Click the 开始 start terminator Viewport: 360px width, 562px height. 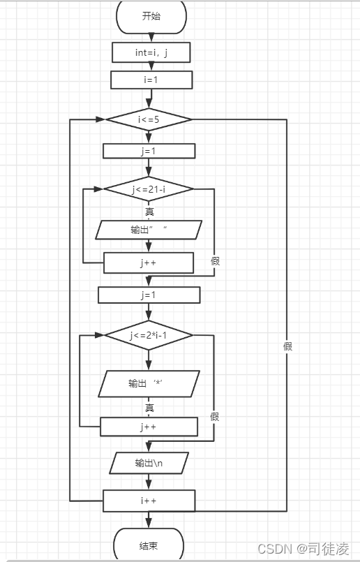(x=151, y=17)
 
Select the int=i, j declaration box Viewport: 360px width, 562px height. (x=151, y=52)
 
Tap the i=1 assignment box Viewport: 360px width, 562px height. (x=151, y=80)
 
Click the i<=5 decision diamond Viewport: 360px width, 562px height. (x=149, y=119)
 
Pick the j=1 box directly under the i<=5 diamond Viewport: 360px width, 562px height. (x=149, y=151)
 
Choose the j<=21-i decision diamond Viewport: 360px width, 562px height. (x=149, y=189)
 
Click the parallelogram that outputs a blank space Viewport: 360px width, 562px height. (x=149, y=230)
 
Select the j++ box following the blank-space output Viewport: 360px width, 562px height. (x=149, y=262)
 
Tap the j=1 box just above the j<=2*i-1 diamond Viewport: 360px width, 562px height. (x=149, y=295)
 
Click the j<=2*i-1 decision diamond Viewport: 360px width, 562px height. (x=149, y=335)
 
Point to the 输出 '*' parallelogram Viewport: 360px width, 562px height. (x=149, y=383)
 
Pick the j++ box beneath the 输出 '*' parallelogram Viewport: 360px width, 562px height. (x=149, y=427)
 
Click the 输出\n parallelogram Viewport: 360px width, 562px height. (x=149, y=463)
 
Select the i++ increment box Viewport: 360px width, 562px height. (x=149, y=501)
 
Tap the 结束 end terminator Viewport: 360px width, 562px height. (x=149, y=545)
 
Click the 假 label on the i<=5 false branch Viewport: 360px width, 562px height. (x=287, y=346)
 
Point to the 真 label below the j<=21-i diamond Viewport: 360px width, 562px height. (x=149, y=212)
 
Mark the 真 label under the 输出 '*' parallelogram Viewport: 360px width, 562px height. (x=149, y=408)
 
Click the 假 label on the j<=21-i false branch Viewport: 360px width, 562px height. (x=215, y=261)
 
